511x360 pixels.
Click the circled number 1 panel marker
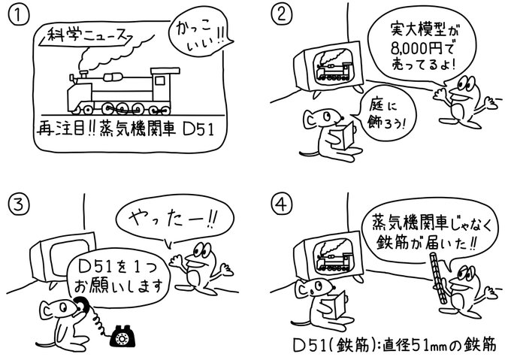(x=16, y=15)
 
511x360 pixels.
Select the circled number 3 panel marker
(x=16, y=201)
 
